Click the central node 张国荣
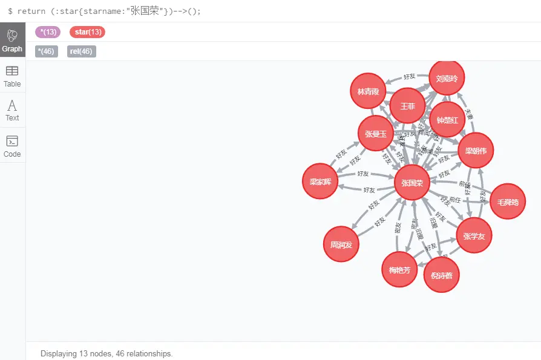click(412, 182)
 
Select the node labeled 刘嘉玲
click(447, 78)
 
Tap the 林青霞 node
click(368, 91)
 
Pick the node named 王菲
click(407, 106)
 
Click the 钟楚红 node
click(447, 120)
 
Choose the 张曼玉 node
click(376, 133)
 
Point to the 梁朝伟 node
click(476, 150)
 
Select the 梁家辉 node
click(320, 181)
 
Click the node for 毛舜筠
click(507, 201)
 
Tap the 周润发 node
click(341, 244)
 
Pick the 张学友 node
click(474, 235)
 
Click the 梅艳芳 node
click(399, 269)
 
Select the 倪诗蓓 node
click(441, 275)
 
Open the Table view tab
click(12, 76)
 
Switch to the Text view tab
click(12, 110)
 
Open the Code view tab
click(12, 146)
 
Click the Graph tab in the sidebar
click(12, 40)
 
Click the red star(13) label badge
click(87, 32)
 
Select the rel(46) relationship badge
click(81, 51)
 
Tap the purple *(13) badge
click(47, 32)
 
